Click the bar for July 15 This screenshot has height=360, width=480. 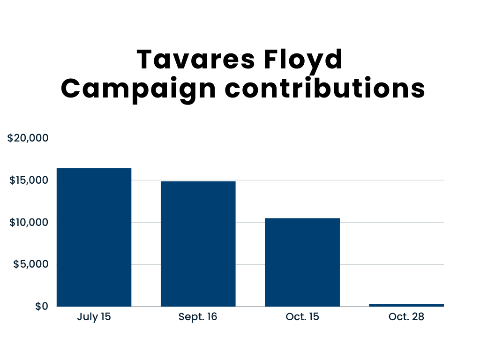[94, 237]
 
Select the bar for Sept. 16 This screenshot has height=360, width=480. [198, 244]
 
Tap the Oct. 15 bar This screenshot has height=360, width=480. [302, 262]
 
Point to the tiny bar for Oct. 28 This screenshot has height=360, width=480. [406, 305]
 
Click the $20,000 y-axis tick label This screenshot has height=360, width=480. [29, 138]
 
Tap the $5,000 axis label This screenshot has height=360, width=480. [31, 264]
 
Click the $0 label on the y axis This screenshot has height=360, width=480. [42, 307]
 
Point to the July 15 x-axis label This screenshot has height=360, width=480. [94, 317]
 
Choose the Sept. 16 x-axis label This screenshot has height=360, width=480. [198, 317]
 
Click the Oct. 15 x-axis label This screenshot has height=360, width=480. [302, 317]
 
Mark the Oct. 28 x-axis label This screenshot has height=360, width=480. [406, 317]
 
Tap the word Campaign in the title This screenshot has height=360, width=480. [139, 89]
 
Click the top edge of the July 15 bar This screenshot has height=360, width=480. [94, 169]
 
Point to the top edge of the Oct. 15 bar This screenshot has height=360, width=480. [302, 218]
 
